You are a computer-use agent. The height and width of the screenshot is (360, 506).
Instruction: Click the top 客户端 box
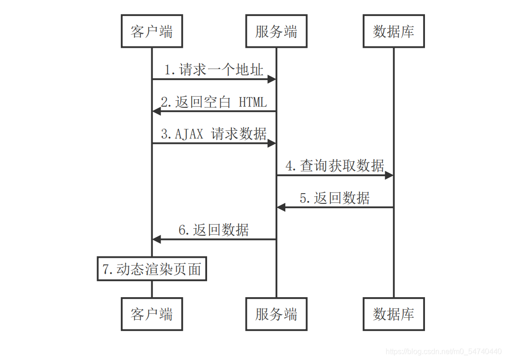point(152,31)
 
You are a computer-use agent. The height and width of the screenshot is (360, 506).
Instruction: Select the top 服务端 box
point(276,31)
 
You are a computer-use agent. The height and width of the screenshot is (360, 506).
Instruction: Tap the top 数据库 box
point(394,31)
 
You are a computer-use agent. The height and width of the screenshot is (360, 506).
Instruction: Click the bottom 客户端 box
point(152,314)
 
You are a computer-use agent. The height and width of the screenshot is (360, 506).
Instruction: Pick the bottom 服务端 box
point(276,314)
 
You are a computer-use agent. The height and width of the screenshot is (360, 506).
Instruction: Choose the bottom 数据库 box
point(394,314)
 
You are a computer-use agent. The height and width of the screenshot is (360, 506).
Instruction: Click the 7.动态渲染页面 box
point(152,269)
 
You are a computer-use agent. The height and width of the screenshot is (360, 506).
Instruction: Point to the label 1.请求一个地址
point(214,70)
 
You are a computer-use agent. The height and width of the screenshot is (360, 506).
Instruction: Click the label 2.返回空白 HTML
point(214,102)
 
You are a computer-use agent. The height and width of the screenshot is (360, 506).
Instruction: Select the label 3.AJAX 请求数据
point(214,134)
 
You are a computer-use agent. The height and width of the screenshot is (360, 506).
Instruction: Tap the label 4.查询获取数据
point(335,165)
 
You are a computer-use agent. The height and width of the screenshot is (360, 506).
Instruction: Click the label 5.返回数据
point(335,198)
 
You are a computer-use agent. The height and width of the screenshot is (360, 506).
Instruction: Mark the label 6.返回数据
point(214,230)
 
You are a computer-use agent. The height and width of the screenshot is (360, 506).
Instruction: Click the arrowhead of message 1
point(271,80)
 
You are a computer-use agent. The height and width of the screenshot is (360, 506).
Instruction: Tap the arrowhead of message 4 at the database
point(388,175)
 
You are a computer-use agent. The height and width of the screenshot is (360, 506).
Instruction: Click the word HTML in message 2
point(253,102)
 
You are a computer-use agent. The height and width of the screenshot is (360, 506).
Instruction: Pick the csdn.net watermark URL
point(443,351)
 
